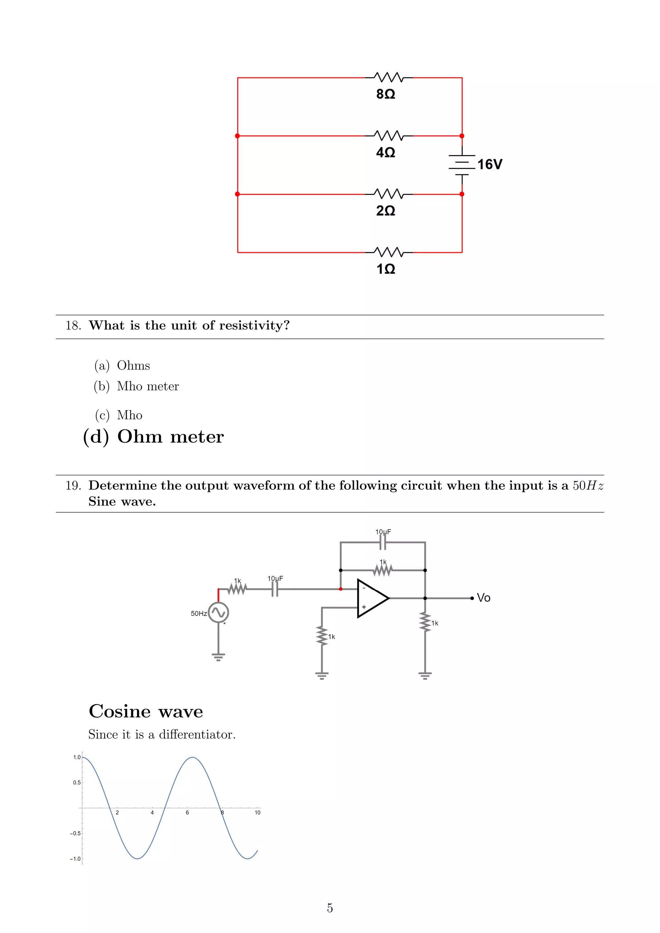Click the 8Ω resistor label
coord(385,94)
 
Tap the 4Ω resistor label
coord(385,152)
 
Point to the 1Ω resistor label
coord(385,269)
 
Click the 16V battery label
coord(490,165)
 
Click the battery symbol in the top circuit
coord(462,165)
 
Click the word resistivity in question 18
coord(254,325)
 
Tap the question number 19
coord(73,486)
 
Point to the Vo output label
coord(484,598)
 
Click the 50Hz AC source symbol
coord(218,612)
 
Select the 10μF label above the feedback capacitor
coord(383,532)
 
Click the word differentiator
coord(197,735)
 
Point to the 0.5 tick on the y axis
coord(77,783)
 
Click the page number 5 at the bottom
coord(330,908)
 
